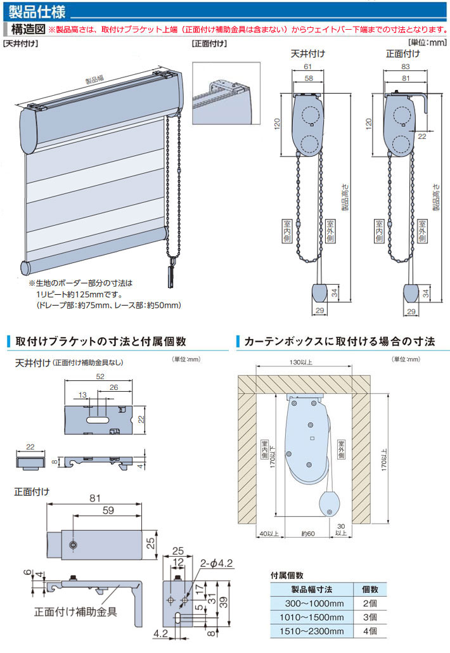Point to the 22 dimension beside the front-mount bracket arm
point(421,135)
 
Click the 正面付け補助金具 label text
point(75,612)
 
